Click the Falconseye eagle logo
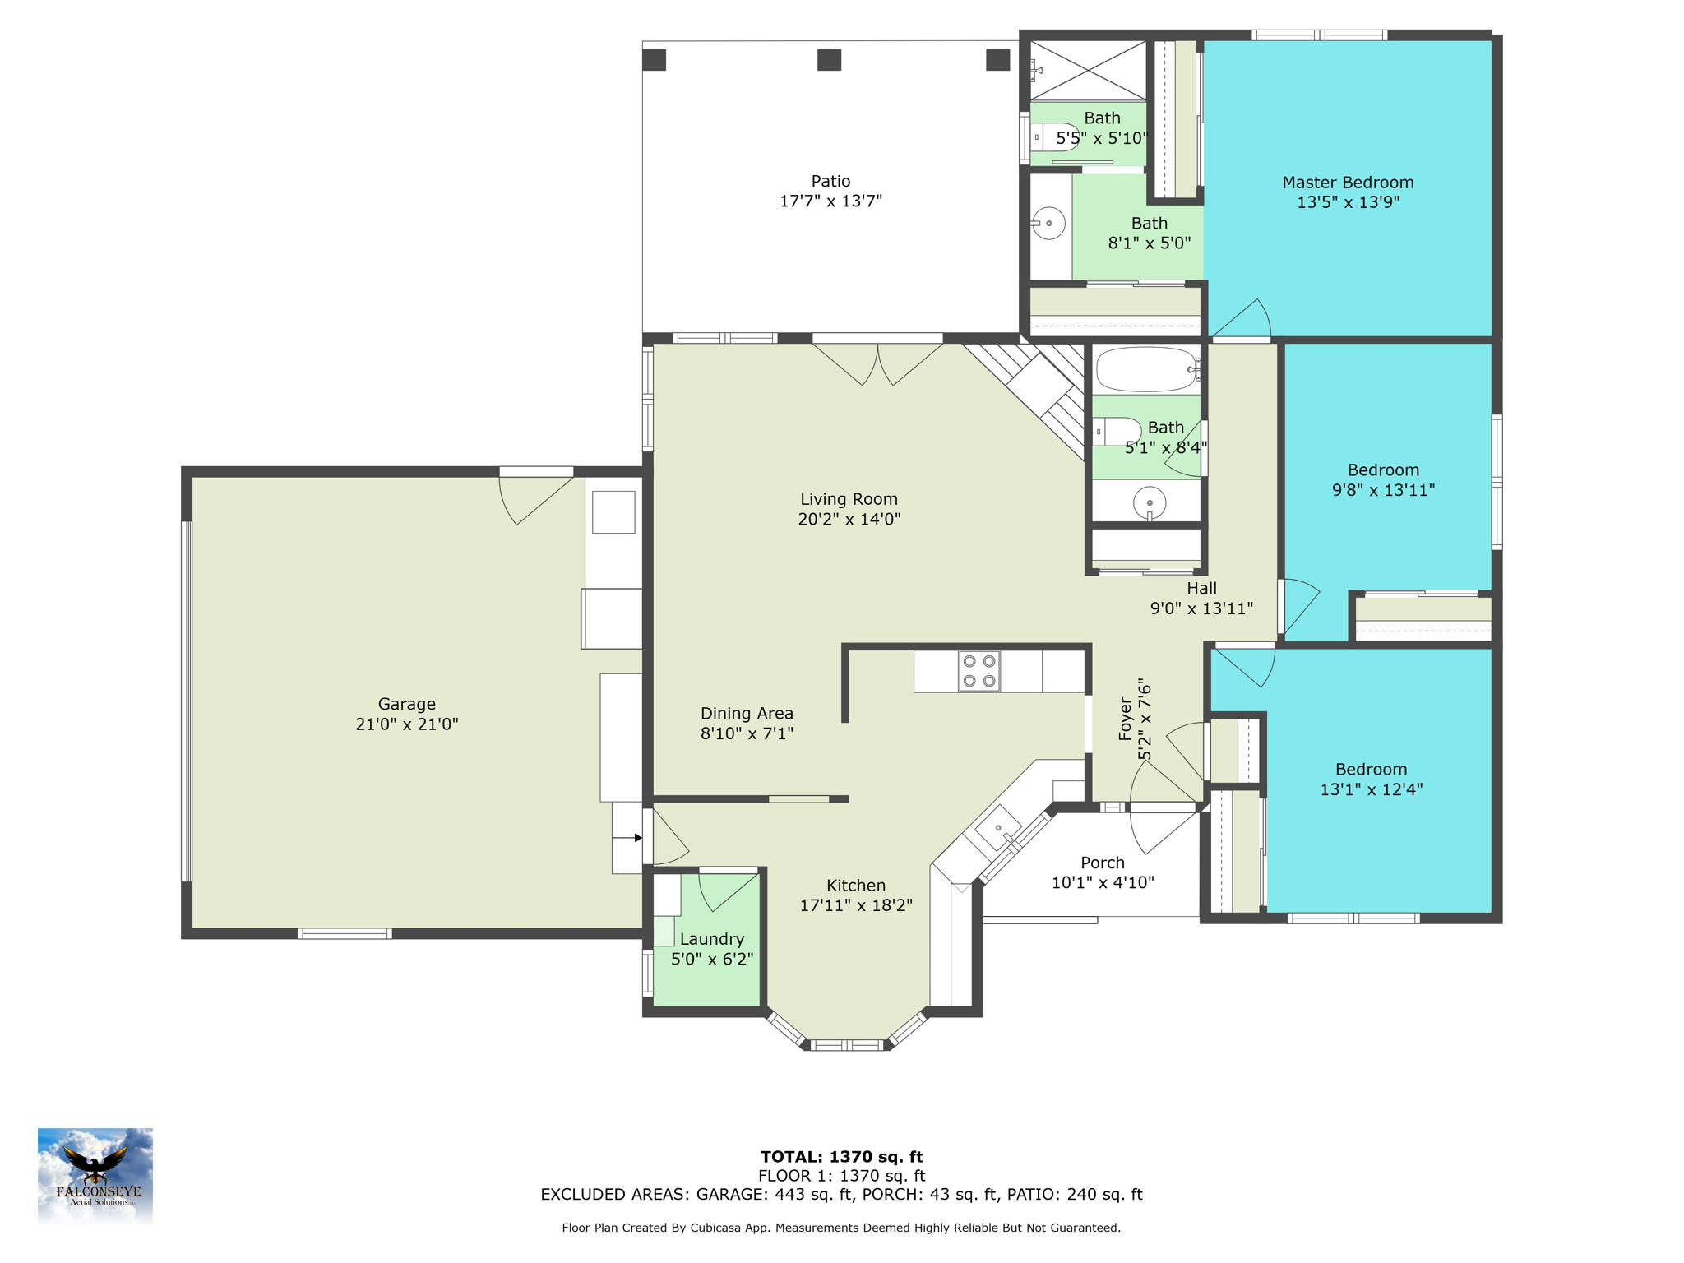tap(95, 1175)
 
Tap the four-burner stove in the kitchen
tap(979, 671)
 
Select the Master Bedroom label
tap(1348, 183)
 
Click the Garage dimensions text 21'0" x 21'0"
tap(407, 724)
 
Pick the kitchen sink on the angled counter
tap(998, 828)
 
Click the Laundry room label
tap(712, 939)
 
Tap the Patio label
tap(830, 181)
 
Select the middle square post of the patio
tap(829, 60)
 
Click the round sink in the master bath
tap(1048, 223)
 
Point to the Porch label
tap(1103, 863)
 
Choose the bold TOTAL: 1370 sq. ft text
tap(842, 1157)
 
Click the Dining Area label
tap(747, 714)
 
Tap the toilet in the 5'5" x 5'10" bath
tap(1054, 136)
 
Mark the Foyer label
tap(1126, 719)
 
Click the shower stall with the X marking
tap(1088, 71)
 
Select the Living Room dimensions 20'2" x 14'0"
tap(849, 519)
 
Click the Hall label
tap(1201, 588)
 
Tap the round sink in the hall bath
tap(1150, 502)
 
